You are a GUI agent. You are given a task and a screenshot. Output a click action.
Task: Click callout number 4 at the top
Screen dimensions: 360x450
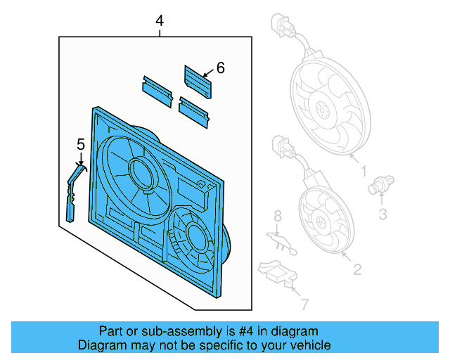click(160, 22)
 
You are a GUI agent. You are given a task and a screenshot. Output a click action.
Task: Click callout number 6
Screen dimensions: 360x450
click(220, 68)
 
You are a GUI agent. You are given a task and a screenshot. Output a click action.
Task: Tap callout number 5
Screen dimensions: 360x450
click(80, 144)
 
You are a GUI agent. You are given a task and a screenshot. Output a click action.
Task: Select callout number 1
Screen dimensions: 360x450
click(364, 171)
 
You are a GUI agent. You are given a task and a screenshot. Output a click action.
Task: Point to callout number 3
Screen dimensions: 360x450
click(382, 215)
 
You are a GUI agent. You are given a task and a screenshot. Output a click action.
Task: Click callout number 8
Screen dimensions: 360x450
click(277, 215)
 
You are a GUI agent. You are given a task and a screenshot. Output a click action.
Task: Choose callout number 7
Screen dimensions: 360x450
click(304, 304)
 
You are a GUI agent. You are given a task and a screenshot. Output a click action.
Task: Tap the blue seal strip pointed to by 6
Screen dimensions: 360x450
click(198, 82)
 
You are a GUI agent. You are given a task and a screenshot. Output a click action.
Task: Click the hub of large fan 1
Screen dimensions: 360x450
click(324, 110)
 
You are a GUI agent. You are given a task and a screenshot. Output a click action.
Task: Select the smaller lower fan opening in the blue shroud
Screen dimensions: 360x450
click(191, 236)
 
